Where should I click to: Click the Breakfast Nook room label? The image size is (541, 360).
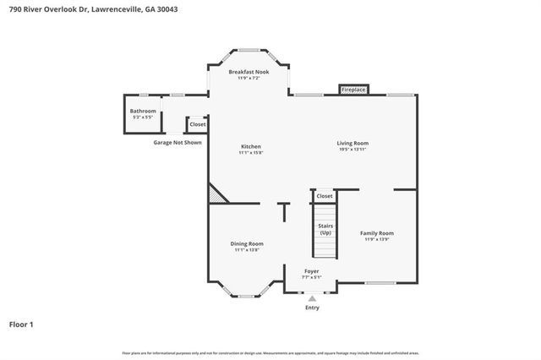[249, 73]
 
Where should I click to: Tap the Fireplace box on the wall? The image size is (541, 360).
[352, 89]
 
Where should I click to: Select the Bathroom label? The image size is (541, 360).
[143, 111]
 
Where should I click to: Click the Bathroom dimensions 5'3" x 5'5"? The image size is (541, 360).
[143, 117]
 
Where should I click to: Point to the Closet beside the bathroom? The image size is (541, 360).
[197, 124]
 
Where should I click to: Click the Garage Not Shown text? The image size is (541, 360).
[178, 143]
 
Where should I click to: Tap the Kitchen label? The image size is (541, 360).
[250, 146]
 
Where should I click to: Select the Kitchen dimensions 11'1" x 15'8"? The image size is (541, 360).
[250, 153]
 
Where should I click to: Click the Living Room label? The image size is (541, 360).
[353, 143]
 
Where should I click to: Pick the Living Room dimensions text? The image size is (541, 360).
[353, 150]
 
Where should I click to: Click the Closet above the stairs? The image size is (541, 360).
[325, 196]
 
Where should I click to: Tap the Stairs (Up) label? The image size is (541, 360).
[325, 229]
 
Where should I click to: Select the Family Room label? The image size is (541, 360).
[377, 232]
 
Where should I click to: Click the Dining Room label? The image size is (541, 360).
[247, 243]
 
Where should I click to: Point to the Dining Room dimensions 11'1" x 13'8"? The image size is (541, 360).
[247, 250]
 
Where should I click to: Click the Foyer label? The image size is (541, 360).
[312, 270]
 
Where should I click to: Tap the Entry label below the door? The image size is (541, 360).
[313, 308]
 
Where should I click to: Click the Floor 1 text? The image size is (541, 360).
[22, 324]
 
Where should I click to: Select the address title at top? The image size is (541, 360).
[94, 9]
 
